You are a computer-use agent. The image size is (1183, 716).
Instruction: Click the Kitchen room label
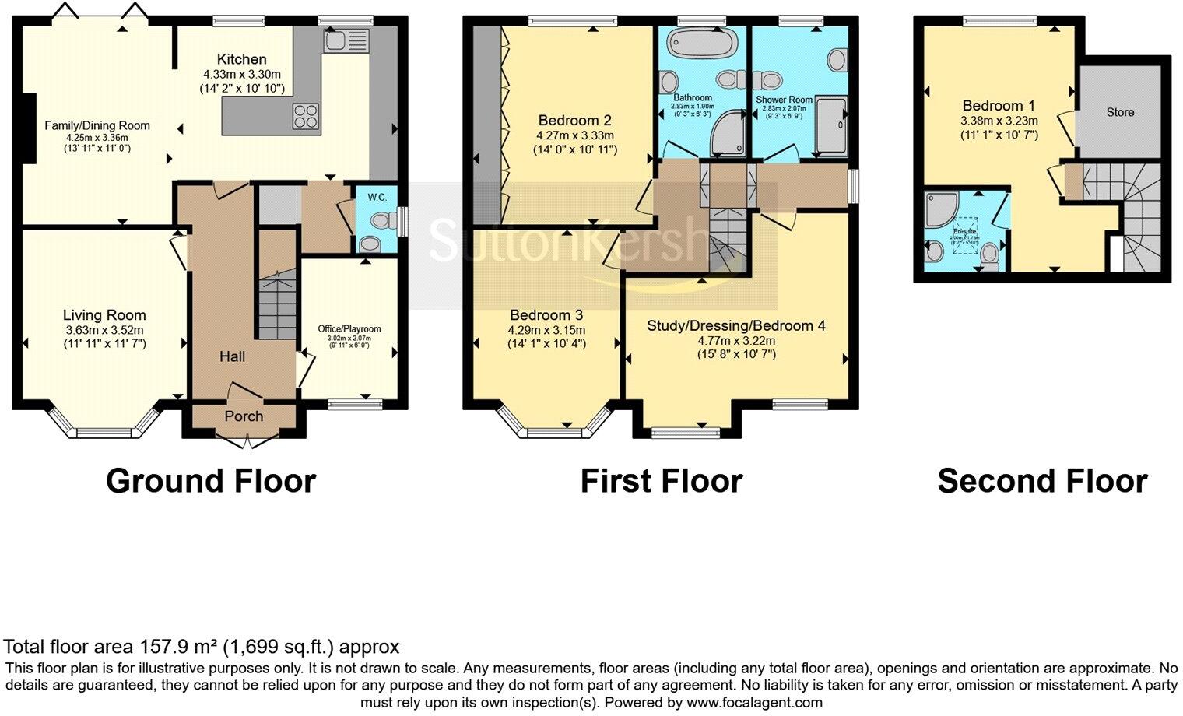pos(241,59)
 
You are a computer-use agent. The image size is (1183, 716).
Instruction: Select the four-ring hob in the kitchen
pos(306,115)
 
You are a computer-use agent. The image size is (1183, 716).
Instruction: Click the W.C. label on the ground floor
pos(377,197)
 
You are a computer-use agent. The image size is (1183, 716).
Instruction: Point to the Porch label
pos(244,416)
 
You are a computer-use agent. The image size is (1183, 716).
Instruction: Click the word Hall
pos(232,356)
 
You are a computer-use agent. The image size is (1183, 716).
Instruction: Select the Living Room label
pos(104,315)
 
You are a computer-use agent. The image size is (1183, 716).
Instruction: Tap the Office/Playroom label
pos(349,328)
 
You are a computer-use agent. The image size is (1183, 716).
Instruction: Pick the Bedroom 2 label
pos(574,121)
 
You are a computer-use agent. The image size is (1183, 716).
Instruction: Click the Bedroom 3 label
pos(546,315)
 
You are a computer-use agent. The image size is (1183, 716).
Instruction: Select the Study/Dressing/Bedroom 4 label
pos(735,326)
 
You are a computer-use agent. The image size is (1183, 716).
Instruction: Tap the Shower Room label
pos(784,100)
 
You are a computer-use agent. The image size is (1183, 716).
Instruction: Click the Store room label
pos(1120,112)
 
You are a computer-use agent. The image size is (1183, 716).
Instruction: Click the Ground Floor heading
pos(211,481)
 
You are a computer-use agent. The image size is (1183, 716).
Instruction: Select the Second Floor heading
pos(1042,481)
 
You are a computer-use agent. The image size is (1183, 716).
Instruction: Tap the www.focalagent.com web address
pos(754,703)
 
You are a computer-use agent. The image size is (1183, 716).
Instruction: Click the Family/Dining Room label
pos(97,125)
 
